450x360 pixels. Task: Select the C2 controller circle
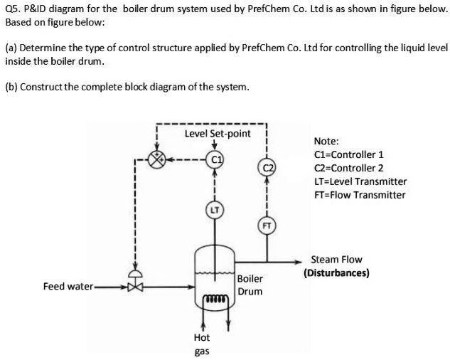pos(267,169)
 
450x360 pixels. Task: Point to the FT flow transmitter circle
pos(267,226)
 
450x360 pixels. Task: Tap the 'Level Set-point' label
pos(217,133)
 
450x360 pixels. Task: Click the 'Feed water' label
pos(68,286)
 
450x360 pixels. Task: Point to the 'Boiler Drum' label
pos(250,285)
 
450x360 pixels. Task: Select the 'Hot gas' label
pos(202,344)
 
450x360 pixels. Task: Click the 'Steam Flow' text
pos(336,260)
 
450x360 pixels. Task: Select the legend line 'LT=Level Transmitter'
pos(360,181)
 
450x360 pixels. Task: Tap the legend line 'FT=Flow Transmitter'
pos(359,195)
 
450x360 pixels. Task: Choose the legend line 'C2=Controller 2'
pos(348,168)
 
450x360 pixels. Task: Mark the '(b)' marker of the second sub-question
pos(11,88)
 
